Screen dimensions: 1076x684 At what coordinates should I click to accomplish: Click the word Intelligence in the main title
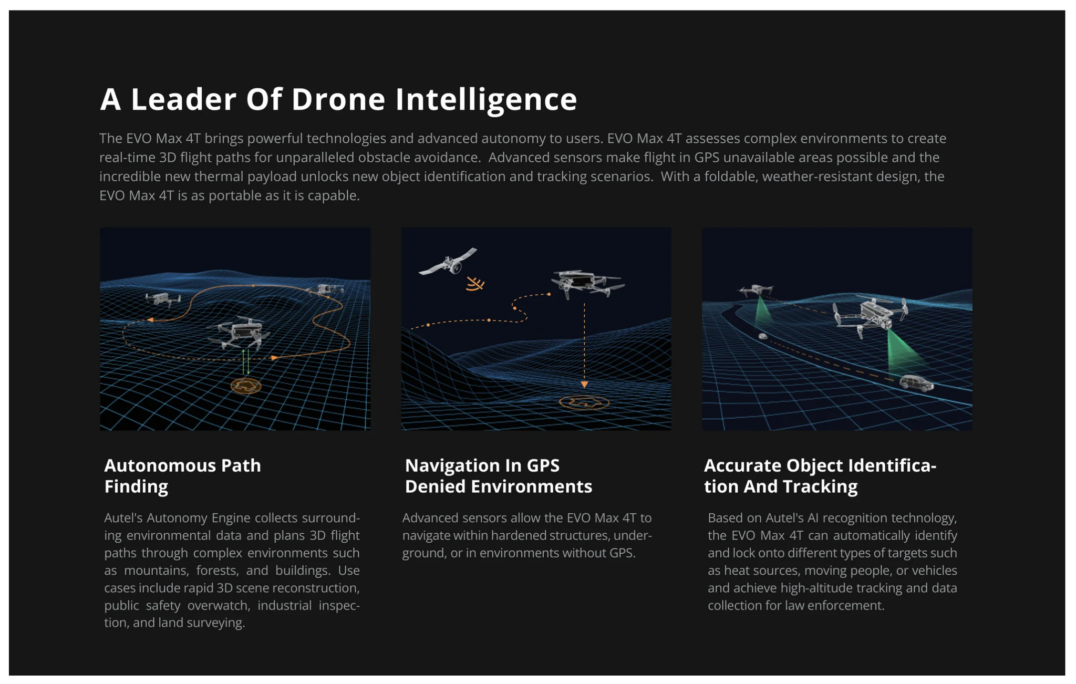click(486, 100)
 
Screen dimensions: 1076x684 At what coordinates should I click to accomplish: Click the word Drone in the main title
click(338, 99)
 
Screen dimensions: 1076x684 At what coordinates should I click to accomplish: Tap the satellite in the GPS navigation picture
click(448, 262)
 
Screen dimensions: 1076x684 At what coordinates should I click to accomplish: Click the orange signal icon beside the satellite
click(475, 284)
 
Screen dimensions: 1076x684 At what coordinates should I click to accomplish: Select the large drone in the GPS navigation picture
click(587, 284)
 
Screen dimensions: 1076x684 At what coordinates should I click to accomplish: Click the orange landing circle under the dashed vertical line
click(584, 403)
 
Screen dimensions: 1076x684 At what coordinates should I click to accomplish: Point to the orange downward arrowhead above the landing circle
click(584, 385)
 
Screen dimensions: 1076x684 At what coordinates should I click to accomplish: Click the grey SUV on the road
click(917, 384)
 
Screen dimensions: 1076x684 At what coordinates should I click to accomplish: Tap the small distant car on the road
click(763, 336)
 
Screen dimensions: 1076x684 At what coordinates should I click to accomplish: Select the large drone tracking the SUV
click(870, 316)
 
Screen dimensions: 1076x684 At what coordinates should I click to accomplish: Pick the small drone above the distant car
click(756, 290)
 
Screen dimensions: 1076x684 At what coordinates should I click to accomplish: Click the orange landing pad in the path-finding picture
click(246, 386)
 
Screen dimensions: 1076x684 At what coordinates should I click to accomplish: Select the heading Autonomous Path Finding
click(182, 476)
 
